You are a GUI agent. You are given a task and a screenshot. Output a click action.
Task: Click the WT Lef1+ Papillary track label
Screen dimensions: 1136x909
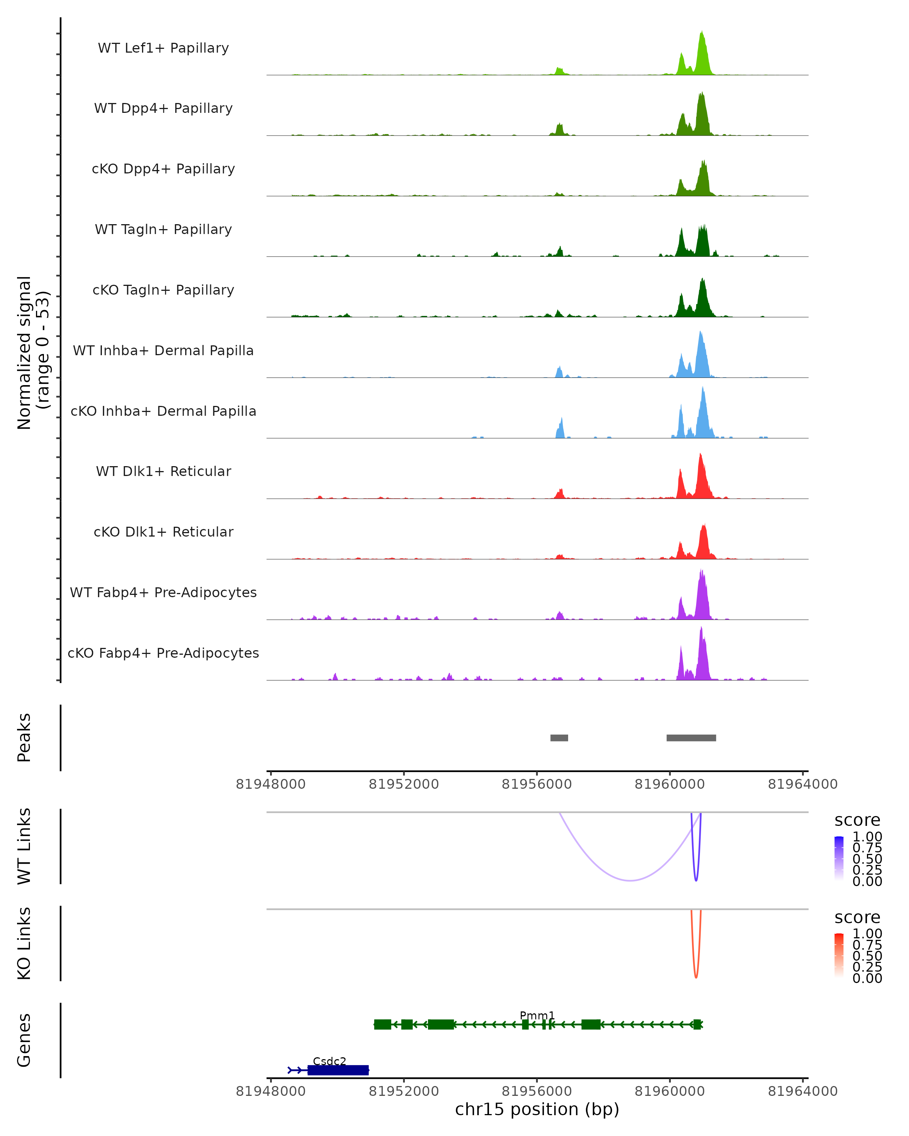[x=163, y=48]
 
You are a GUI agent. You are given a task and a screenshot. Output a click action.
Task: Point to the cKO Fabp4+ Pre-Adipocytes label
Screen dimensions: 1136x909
[x=163, y=653]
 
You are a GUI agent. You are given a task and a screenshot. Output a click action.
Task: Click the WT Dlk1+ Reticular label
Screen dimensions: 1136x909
[x=163, y=471]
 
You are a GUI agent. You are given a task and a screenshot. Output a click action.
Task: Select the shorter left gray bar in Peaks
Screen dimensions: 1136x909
[x=559, y=738]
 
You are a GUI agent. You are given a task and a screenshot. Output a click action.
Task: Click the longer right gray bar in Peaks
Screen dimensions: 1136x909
[x=691, y=738]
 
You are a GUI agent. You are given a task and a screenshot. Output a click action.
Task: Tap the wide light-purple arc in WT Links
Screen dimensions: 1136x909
[x=630, y=880]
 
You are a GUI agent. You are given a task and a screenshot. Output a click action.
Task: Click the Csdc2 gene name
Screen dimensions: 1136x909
[x=330, y=1061]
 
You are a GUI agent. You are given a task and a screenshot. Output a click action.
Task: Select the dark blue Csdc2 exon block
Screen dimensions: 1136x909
[x=338, y=1070]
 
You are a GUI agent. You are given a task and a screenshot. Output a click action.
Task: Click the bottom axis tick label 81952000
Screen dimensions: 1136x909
[x=404, y=1091]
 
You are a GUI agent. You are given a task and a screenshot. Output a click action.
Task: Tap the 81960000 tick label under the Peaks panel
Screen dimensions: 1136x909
[x=669, y=784]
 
